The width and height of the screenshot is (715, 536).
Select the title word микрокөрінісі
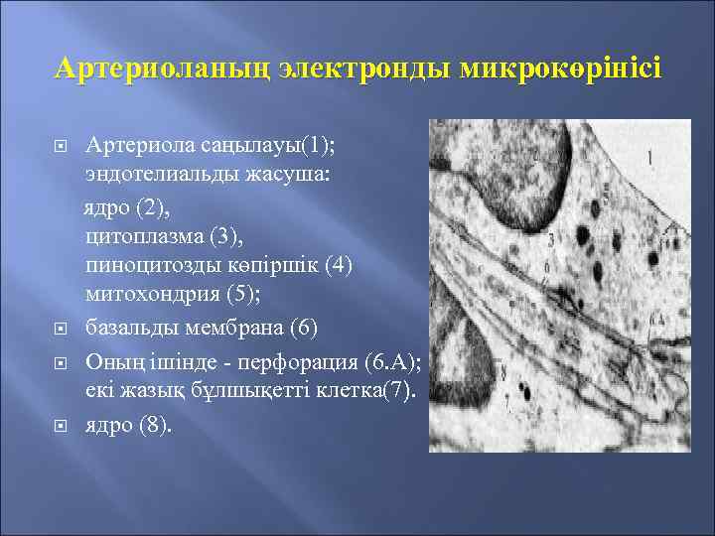pos(563,68)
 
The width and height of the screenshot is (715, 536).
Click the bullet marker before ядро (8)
pos(60,426)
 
